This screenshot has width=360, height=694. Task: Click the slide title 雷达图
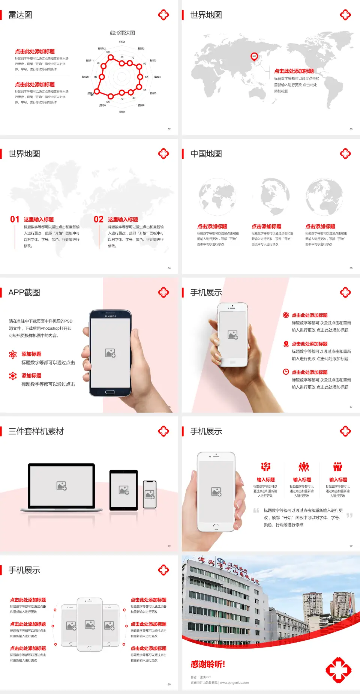click(x=20, y=15)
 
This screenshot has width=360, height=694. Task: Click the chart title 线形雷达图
click(x=122, y=33)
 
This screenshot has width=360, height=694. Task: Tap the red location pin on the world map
click(x=254, y=57)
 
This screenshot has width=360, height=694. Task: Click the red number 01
click(x=15, y=219)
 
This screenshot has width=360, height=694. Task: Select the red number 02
click(x=99, y=219)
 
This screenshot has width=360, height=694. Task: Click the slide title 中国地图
click(x=206, y=154)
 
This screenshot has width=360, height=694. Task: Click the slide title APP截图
click(x=24, y=293)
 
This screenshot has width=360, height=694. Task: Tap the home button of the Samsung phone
click(x=110, y=392)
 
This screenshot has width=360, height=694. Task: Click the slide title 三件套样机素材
click(x=36, y=431)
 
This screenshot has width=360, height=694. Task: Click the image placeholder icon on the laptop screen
click(x=61, y=486)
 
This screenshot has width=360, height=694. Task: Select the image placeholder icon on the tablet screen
click(x=124, y=490)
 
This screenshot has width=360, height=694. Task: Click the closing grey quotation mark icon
click(x=349, y=515)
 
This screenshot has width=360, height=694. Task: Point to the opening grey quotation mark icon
click(x=256, y=511)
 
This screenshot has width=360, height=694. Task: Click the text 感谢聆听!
click(x=208, y=664)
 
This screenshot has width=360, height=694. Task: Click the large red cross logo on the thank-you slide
click(x=338, y=670)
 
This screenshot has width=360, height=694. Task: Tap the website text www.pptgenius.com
click(x=234, y=683)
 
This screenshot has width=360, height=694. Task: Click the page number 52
click(x=169, y=129)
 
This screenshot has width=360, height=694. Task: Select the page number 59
click(x=351, y=545)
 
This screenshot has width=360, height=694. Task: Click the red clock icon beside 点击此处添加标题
click(x=286, y=372)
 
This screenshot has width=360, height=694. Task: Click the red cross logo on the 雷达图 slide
click(x=163, y=15)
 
